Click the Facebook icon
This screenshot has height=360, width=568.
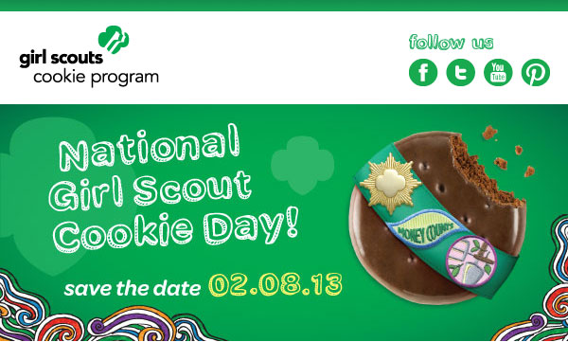coord(423,73)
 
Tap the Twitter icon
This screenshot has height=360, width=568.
coord(460,73)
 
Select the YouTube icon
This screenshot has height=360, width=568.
coord(498,73)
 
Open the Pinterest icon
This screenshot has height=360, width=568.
coord(536,73)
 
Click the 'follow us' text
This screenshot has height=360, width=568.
coord(451,42)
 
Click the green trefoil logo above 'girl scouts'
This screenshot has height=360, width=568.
coord(114,40)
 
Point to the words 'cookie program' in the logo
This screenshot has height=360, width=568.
coord(96,78)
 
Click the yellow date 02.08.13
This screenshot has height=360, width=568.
coord(275,285)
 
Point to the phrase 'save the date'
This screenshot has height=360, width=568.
coord(133,289)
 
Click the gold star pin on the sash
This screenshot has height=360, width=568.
coord(390,183)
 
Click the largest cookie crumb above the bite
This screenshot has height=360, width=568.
coord(489,133)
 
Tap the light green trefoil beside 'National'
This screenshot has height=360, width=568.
coord(302,164)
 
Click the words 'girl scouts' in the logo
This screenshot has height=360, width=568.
coord(62,59)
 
